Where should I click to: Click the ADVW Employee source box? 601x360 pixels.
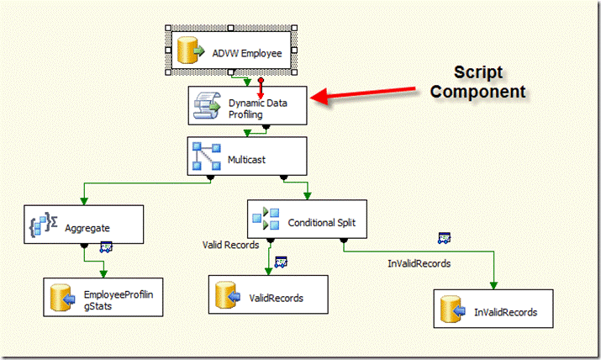tap(234, 52)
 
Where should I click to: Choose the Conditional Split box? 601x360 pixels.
tap(298, 222)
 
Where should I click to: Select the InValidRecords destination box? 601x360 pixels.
tap(494, 312)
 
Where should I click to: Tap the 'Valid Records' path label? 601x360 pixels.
tap(230, 245)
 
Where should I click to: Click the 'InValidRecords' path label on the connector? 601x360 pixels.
tap(419, 263)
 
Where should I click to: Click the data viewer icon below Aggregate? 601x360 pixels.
tap(107, 247)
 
